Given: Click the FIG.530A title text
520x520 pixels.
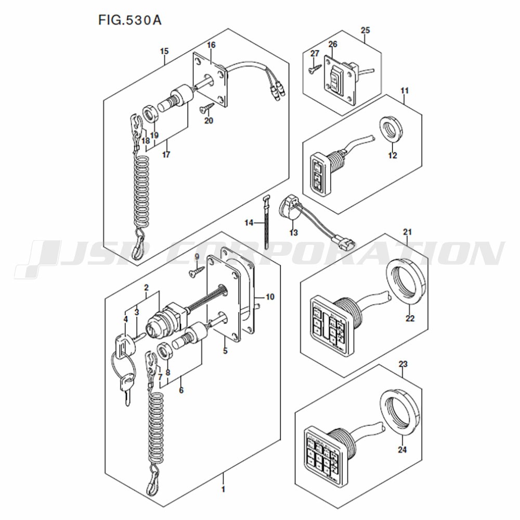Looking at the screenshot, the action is tap(129, 20).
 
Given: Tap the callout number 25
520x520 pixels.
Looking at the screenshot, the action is tap(365, 30).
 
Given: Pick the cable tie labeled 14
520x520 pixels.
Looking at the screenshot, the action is tap(266, 223).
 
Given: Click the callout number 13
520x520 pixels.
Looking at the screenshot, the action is tap(293, 232).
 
